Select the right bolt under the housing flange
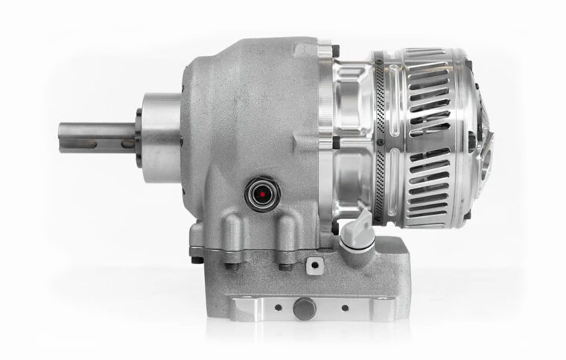click(284, 265)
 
